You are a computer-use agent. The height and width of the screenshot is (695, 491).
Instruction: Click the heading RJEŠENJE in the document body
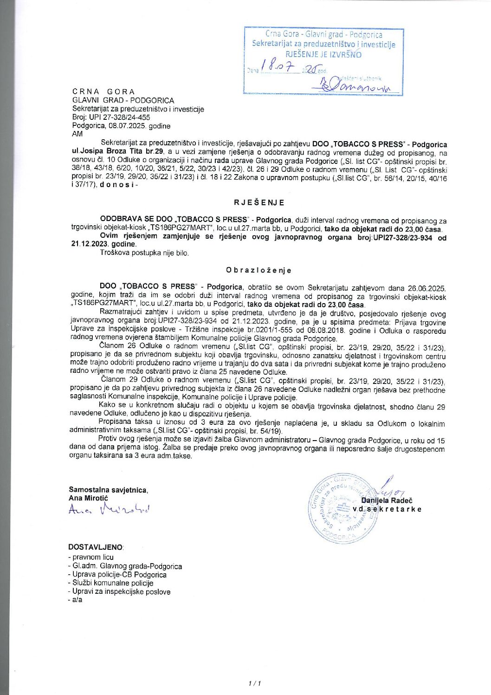click(x=259, y=202)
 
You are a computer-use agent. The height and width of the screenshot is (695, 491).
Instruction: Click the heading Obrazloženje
click(x=258, y=270)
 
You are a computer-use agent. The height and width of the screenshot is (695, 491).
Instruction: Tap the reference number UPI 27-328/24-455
click(x=119, y=117)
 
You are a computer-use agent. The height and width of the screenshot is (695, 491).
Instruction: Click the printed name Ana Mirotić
click(x=88, y=498)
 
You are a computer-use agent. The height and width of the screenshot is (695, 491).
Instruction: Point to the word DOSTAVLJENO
click(x=96, y=547)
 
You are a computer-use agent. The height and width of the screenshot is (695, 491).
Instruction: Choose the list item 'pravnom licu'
click(x=91, y=557)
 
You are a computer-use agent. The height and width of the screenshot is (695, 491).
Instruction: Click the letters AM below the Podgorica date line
click(x=77, y=134)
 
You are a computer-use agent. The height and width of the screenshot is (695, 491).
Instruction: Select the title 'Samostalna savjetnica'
click(x=108, y=490)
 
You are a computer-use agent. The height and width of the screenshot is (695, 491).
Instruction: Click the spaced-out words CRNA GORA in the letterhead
click(x=103, y=91)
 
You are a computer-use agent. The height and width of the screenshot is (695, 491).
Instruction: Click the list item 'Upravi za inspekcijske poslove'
click(x=119, y=592)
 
